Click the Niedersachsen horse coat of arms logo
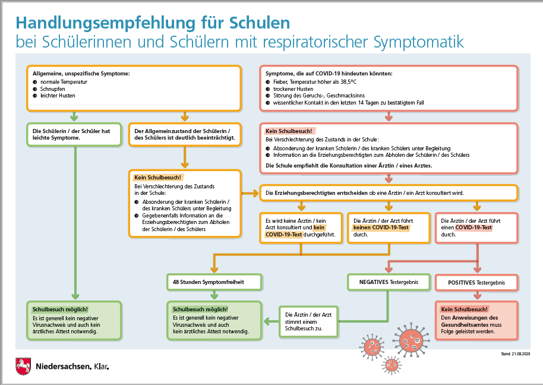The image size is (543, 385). pyautogui.click(x=23, y=366)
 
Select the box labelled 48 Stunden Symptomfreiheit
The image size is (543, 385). pyautogui.click(x=214, y=282)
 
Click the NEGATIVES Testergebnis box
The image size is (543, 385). pyautogui.click(x=389, y=282)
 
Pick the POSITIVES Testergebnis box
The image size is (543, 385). pyautogui.click(x=476, y=283)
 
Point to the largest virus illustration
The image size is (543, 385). pyautogui.click(x=411, y=340)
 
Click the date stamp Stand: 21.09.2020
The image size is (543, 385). pyautogui.click(x=515, y=354)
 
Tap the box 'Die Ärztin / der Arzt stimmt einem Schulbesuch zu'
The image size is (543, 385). pyautogui.click(x=308, y=321)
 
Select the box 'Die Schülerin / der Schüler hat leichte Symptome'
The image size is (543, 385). pyautogui.click(x=74, y=134)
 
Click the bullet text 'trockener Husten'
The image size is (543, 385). pyautogui.click(x=293, y=89)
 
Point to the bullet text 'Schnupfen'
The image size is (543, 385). pyautogui.click(x=53, y=89)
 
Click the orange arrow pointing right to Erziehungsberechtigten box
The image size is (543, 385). pyautogui.click(x=250, y=193)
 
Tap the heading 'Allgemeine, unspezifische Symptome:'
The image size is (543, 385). pyautogui.click(x=81, y=74)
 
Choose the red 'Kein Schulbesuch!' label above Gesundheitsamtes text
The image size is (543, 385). pyautogui.click(x=464, y=309)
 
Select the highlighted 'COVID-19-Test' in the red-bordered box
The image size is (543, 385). pyautogui.click(x=473, y=228)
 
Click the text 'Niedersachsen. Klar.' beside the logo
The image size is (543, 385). pyautogui.click(x=72, y=367)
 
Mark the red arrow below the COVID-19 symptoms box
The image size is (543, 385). pyautogui.click(x=389, y=116)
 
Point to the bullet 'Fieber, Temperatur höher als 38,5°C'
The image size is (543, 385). pyautogui.click(x=315, y=82)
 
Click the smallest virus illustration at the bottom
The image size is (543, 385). pyautogui.click(x=392, y=365)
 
